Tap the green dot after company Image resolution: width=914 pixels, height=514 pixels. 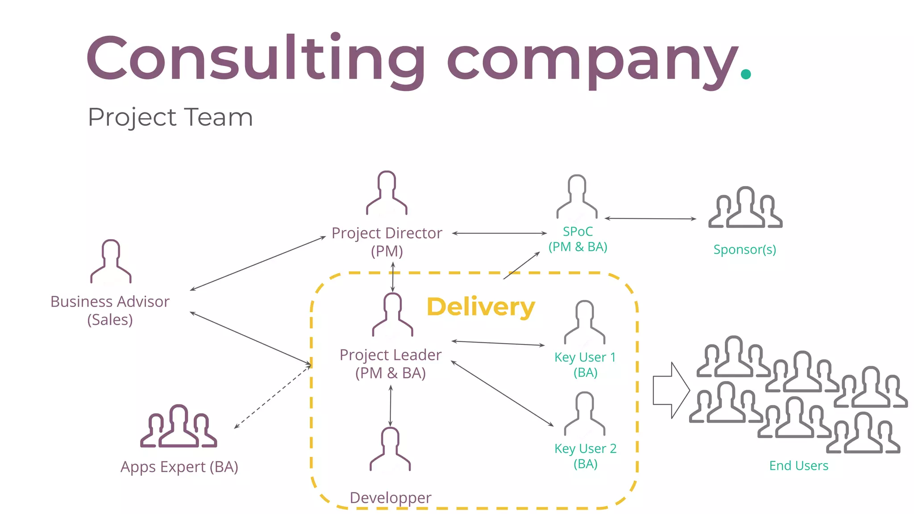(x=746, y=74)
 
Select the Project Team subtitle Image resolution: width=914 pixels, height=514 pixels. (x=170, y=117)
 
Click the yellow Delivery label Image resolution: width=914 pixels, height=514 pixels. (x=481, y=307)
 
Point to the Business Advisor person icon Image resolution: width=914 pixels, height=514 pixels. (x=111, y=262)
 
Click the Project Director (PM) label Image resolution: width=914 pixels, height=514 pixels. (x=387, y=242)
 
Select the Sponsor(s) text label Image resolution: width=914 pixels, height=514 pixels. (x=744, y=249)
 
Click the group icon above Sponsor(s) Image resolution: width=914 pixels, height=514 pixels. (x=745, y=208)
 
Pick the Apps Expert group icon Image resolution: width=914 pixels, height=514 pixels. (x=179, y=427)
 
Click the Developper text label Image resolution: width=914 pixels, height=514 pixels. (x=391, y=497)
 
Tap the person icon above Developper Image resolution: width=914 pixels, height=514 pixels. (x=390, y=449)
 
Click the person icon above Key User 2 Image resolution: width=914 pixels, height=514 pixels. (x=585, y=414)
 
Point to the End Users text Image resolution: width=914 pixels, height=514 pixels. (x=798, y=466)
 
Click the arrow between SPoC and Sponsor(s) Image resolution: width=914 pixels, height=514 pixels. (x=650, y=219)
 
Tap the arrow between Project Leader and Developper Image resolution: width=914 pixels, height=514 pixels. (x=391, y=406)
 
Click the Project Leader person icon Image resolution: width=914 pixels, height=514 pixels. (x=393, y=315)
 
